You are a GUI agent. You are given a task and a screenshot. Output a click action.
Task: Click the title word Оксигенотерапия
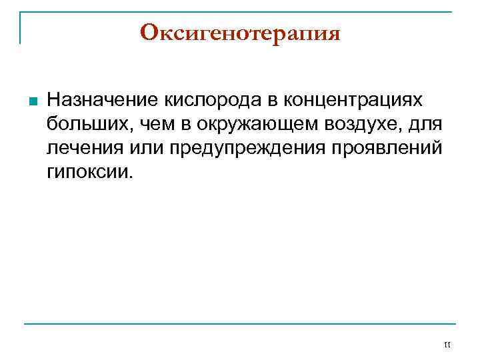pos(240,33)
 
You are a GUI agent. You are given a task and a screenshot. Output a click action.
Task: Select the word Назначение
pos(103,100)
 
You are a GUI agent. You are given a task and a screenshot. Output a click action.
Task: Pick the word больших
pos(83,124)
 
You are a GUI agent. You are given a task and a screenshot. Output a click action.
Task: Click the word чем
pos(142,124)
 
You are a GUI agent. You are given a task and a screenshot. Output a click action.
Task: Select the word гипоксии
pos(87,173)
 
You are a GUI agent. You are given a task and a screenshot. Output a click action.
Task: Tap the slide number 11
pos(447,344)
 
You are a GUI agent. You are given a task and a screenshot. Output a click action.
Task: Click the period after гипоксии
pos(131,177)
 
